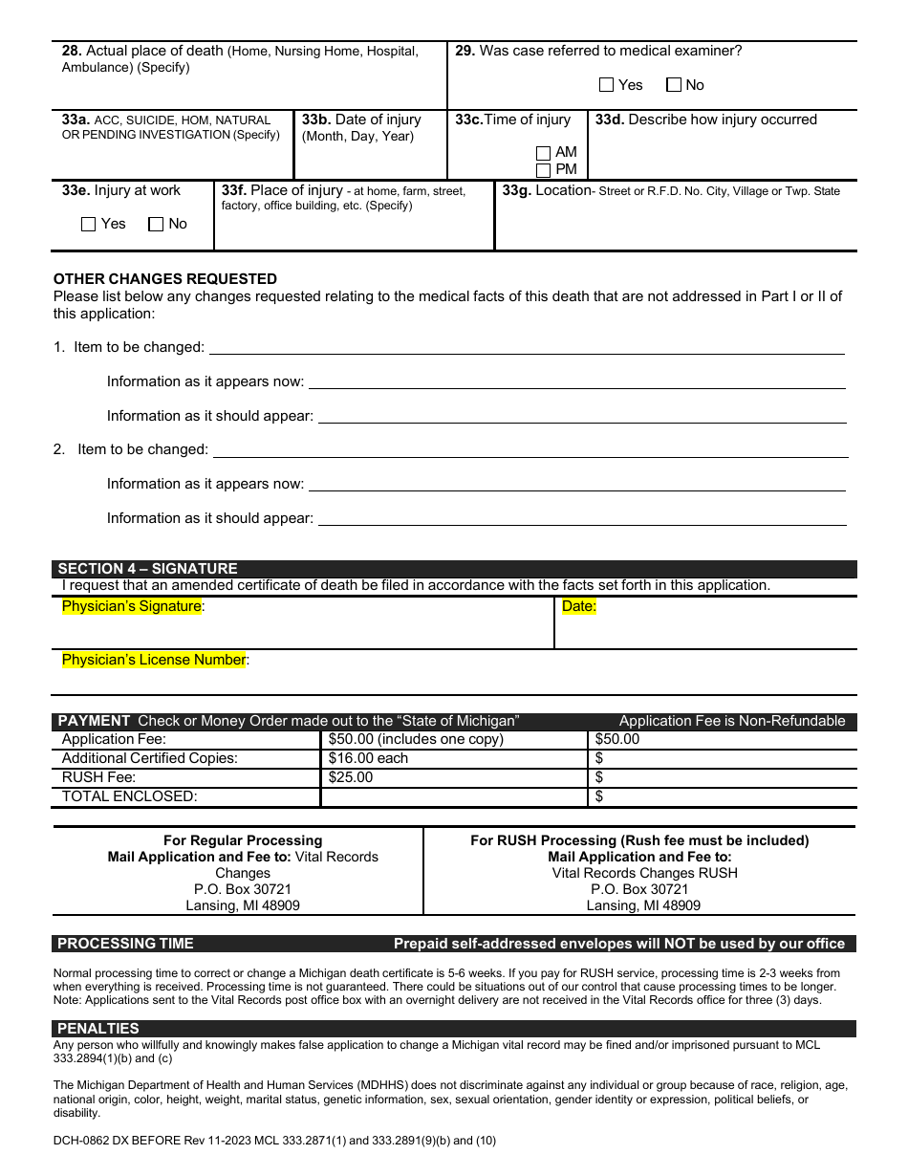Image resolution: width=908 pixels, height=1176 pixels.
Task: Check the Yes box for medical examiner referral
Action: (x=607, y=85)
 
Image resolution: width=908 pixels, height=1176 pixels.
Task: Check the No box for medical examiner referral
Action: (x=674, y=85)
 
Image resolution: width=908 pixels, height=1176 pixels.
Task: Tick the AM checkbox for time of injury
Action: (x=544, y=153)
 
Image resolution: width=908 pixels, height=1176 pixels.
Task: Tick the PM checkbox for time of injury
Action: (x=544, y=170)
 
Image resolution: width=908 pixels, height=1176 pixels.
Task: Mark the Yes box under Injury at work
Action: (x=89, y=224)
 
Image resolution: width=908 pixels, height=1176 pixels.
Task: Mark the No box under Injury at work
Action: (x=156, y=224)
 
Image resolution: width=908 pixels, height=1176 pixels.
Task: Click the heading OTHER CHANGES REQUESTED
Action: (x=165, y=279)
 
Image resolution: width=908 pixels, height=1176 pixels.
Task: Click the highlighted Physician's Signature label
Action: (x=132, y=606)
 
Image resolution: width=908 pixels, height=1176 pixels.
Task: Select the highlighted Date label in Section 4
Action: (x=578, y=606)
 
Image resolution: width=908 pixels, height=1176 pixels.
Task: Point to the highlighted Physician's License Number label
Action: (x=154, y=660)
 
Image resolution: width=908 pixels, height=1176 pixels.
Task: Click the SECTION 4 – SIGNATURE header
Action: (x=148, y=569)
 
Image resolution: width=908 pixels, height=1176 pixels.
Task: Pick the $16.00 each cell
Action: (x=368, y=758)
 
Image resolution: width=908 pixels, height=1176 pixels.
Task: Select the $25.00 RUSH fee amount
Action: (x=351, y=777)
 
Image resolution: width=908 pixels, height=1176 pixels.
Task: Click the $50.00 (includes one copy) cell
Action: (x=416, y=739)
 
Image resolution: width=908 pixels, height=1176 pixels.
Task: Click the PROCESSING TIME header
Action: (x=125, y=944)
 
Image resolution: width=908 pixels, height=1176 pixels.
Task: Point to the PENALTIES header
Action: (x=98, y=1029)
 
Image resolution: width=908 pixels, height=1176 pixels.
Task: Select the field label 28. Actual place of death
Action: (x=142, y=51)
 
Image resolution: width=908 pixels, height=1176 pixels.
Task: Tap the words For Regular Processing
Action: (x=243, y=840)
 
